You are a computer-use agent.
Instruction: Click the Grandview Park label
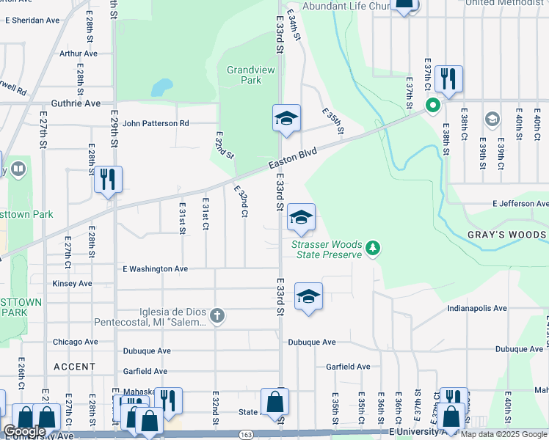click(244, 74)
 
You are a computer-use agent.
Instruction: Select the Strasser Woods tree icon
click(374, 248)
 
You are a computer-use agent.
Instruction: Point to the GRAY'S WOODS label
click(506, 235)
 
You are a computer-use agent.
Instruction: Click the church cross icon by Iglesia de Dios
click(217, 316)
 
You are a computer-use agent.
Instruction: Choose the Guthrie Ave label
click(76, 103)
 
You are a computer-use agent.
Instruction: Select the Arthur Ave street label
click(79, 54)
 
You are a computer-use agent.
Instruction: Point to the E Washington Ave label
click(150, 269)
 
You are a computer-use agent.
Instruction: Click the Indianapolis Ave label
click(477, 308)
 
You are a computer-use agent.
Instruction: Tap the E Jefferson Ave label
click(520, 203)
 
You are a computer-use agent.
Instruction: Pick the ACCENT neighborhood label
click(74, 366)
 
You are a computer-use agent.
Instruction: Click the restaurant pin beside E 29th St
click(108, 180)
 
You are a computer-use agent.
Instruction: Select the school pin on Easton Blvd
click(286, 118)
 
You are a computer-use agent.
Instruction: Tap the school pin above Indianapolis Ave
click(309, 297)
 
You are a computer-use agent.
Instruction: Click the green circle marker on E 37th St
click(433, 106)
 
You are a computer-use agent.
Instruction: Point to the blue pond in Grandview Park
click(161, 88)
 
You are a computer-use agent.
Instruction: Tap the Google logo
click(24, 431)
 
